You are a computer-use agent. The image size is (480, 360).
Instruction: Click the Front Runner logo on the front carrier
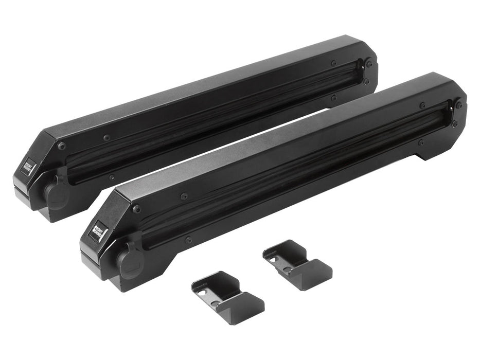pos(97,229)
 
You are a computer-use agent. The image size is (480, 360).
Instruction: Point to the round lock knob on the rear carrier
pos(54,192)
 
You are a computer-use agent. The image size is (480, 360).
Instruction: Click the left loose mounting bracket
pos(227,297)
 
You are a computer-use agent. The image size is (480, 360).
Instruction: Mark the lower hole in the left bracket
pos(215,303)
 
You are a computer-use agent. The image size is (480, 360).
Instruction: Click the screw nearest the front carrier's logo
pos(136,209)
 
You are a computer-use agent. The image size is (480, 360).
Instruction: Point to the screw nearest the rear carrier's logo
pos(62,146)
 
